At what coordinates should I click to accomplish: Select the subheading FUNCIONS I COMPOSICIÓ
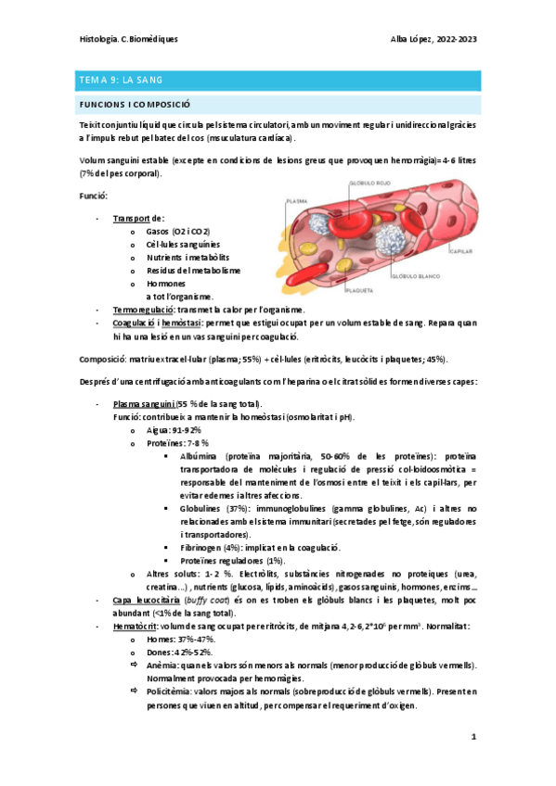pos(136,106)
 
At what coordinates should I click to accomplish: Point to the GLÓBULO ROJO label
pos(369,184)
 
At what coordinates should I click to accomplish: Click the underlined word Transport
pos(131,218)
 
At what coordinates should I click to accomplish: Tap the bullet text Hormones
pos(166,283)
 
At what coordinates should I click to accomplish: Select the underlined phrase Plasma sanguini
pos(147,405)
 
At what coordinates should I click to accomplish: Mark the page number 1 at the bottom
pos(472,737)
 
